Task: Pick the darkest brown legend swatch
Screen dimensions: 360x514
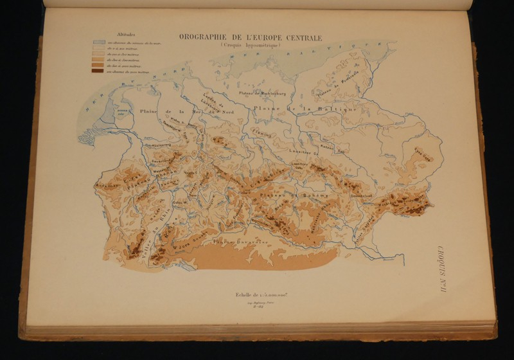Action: (x=99, y=72)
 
